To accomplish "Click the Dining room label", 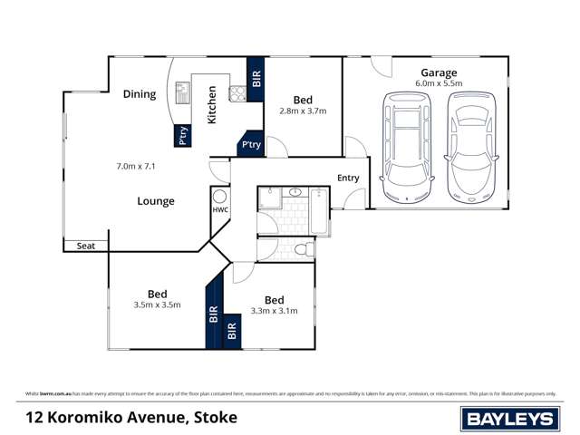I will [x=140, y=94].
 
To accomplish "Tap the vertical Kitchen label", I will [x=213, y=105].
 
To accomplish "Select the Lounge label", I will [x=156, y=201].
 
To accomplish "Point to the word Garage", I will [x=439, y=72].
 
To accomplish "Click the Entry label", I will [x=348, y=179].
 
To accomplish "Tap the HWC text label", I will [x=220, y=210].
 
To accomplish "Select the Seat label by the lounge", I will [x=86, y=246].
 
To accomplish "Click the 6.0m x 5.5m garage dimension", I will [x=439, y=84].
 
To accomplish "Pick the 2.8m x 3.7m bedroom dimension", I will [x=303, y=111].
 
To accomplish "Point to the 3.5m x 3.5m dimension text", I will [x=158, y=305].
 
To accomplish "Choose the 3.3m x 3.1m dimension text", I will [x=275, y=312].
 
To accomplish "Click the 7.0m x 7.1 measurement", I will [x=137, y=167].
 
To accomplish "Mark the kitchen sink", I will [x=181, y=92].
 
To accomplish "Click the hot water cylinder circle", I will [x=219, y=197].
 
